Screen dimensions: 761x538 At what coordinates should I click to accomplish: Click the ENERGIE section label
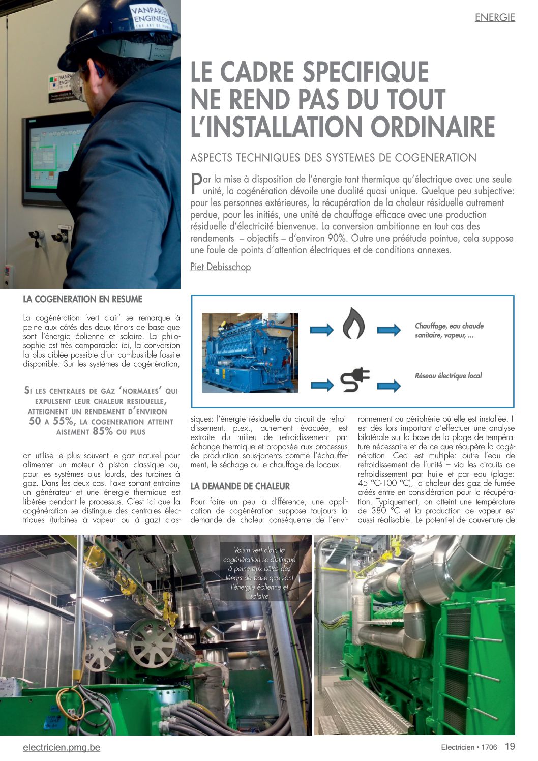pyautogui.click(x=494, y=17)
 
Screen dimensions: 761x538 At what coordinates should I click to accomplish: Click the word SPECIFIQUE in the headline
pyautogui.click(x=366, y=72)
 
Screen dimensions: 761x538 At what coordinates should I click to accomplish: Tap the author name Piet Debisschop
pyautogui.click(x=220, y=267)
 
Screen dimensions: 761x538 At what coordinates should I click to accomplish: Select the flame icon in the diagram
pyautogui.click(x=353, y=323)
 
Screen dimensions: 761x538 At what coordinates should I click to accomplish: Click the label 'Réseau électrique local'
pyautogui.click(x=448, y=376)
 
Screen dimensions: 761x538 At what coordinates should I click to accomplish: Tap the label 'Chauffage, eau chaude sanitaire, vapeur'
pyautogui.click(x=449, y=331)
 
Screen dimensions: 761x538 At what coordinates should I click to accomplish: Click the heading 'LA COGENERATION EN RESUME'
pyautogui.click(x=83, y=299)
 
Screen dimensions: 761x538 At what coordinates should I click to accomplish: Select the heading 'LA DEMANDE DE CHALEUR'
pyautogui.click(x=240, y=486)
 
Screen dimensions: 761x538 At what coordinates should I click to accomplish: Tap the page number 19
pyautogui.click(x=510, y=747)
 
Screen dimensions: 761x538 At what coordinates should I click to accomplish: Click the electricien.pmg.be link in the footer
pyautogui.click(x=62, y=747)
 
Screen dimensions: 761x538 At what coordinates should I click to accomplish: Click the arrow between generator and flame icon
pyautogui.click(x=321, y=330)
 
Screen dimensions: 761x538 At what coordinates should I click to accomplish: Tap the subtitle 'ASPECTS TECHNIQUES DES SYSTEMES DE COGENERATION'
pyautogui.click(x=333, y=158)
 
